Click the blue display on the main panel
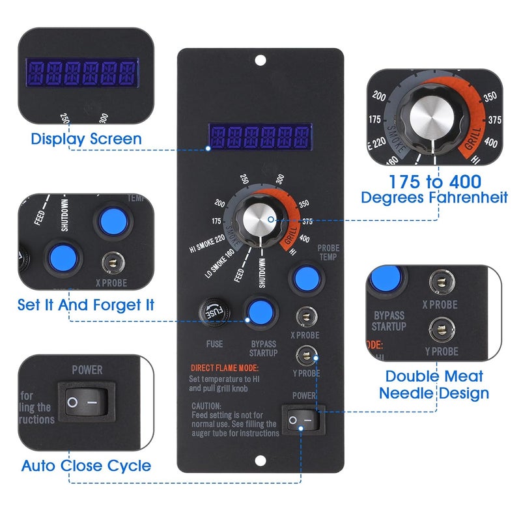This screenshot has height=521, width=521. pos(259,137)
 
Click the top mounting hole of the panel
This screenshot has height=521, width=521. pos(260,61)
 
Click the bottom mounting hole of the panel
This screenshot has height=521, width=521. pos(260,460)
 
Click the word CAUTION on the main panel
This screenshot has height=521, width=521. pos(204,405)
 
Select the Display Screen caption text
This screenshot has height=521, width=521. pos(86,139)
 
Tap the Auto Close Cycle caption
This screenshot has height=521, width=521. pos(86,466)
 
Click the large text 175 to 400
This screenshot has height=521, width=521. pos(434,181)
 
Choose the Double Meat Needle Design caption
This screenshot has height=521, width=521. pos(434,384)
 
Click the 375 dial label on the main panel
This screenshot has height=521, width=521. pos(307,221)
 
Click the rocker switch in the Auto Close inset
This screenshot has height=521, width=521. pos(87,402)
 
